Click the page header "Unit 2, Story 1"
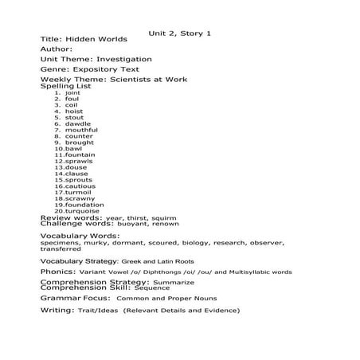[x=179, y=33]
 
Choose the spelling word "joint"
[x=72, y=92]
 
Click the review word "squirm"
[x=163, y=217]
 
